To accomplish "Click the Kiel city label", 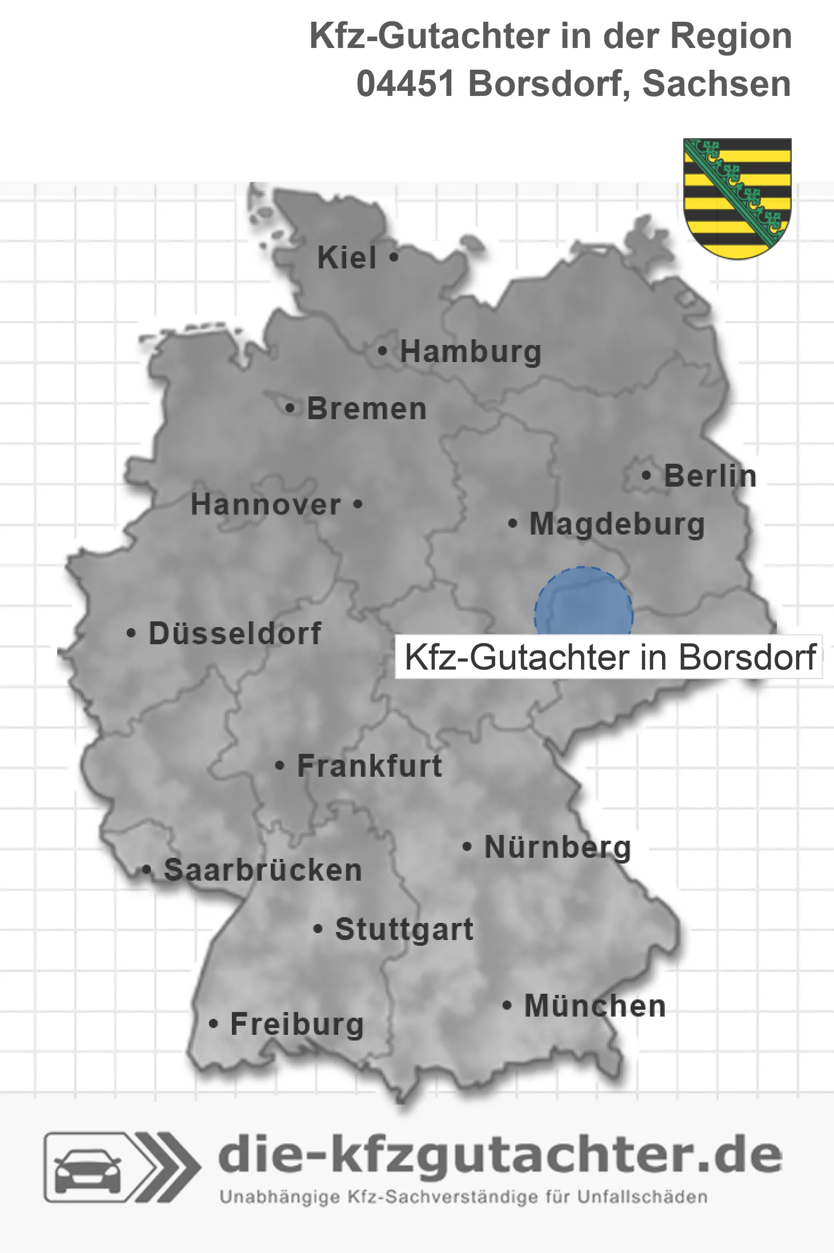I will click(347, 258).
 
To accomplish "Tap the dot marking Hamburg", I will click(383, 351).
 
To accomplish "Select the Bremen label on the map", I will click(367, 409).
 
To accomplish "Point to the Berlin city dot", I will click(647, 475).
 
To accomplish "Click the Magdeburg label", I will click(617, 524).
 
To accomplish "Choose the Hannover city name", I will click(266, 505).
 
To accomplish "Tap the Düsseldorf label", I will click(235, 633).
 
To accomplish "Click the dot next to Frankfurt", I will click(279, 765).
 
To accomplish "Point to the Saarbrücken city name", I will click(263, 870).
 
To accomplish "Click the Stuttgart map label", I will click(404, 929).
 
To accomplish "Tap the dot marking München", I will click(507, 1005).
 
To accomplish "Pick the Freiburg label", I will click(297, 1024).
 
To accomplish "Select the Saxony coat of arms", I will click(737, 198).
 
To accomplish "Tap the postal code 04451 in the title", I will click(405, 84).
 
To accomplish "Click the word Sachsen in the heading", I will click(716, 84).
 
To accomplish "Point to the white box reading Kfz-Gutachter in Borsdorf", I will click(610, 657).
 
